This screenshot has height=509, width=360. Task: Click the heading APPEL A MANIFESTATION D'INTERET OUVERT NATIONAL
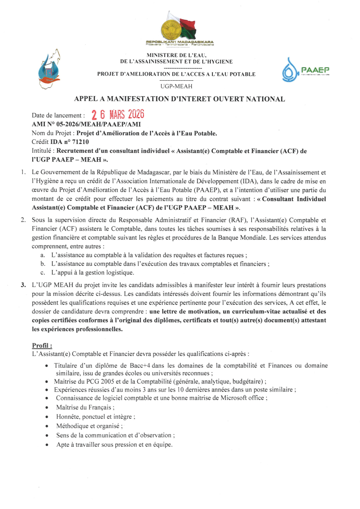(x=179, y=99)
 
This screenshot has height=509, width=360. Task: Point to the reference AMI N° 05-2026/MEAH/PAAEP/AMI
(x=86, y=124)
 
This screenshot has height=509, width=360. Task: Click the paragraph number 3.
(x=23, y=285)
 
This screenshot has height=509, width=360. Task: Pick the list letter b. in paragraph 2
(x=43, y=264)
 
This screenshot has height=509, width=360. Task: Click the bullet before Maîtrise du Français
(x=47, y=407)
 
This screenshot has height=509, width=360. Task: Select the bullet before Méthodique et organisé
(x=47, y=426)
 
